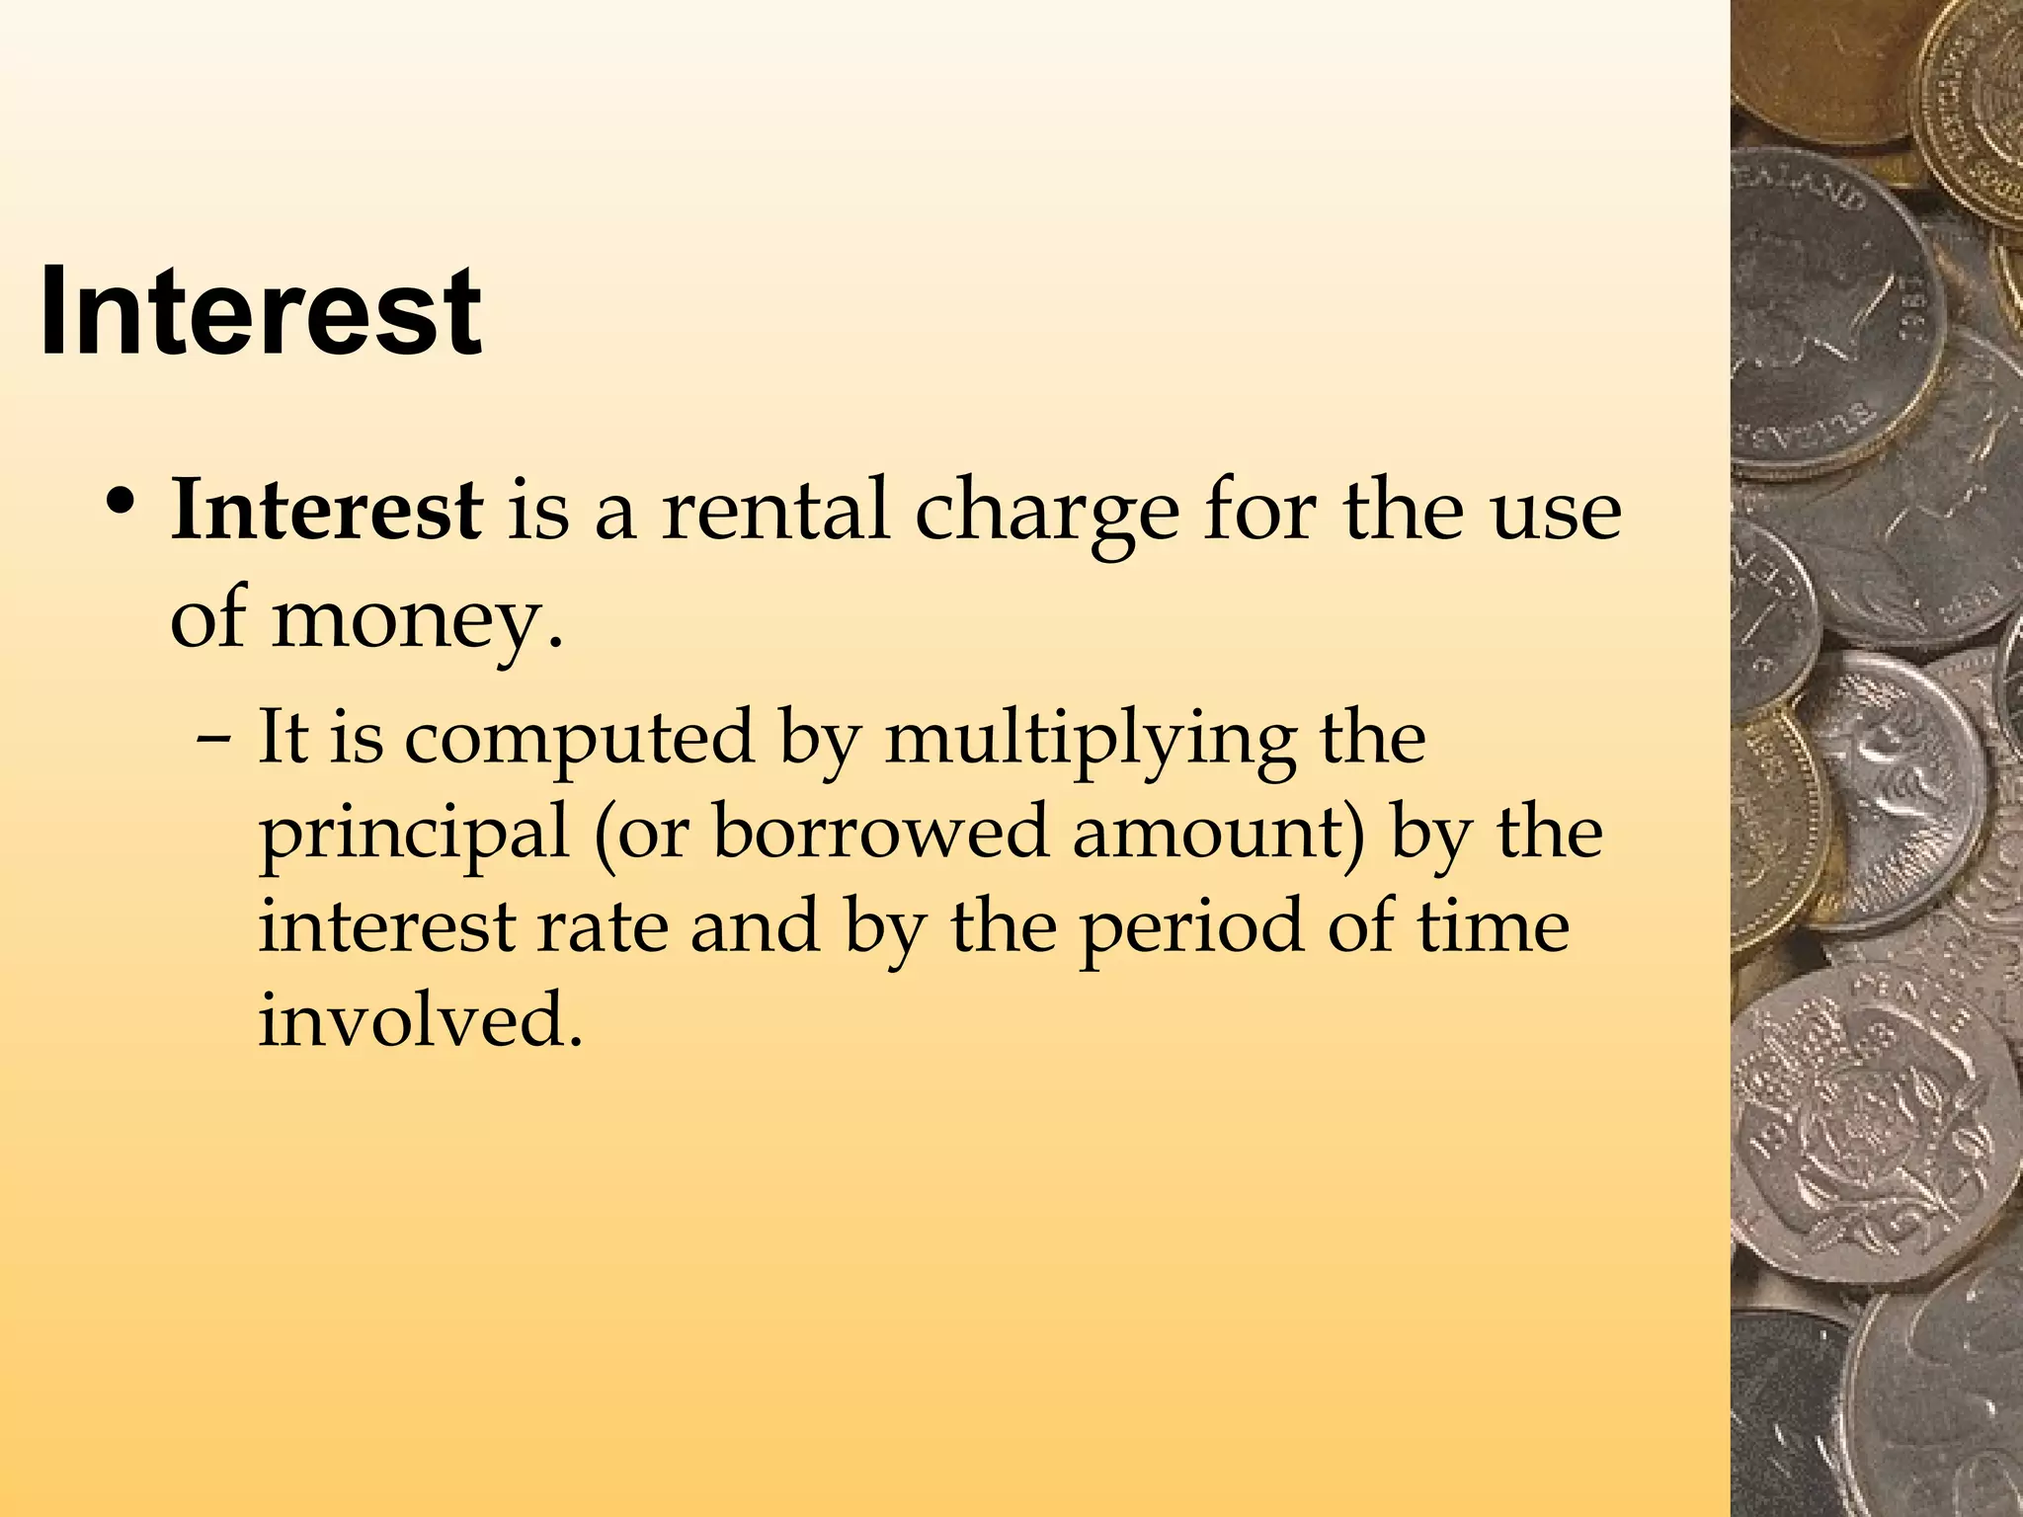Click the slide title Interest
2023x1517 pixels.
[x=261, y=312]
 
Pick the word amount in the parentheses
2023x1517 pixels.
[x=1216, y=832]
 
